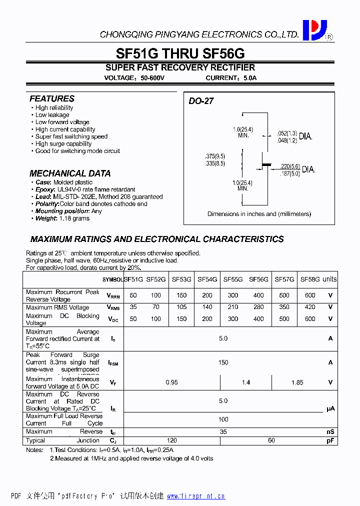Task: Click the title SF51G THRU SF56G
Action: point(180,53)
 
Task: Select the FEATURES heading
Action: point(52,99)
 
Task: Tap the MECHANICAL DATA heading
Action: point(70,173)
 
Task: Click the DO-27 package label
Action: point(201,101)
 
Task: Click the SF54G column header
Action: point(207,279)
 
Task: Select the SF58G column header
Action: point(310,279)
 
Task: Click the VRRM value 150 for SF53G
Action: point(181,295)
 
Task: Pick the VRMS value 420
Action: point(310,307)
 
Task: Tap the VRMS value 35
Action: point(133,307)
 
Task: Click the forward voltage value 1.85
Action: point(297,382)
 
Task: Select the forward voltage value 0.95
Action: point(171,382)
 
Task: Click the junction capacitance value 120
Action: point(171,440)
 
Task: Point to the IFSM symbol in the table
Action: point(113,363)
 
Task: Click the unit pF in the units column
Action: point(330,440)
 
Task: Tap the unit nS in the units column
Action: point(330,431)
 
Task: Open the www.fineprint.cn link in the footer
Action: point(195,496)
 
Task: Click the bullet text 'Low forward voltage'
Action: point(62,122)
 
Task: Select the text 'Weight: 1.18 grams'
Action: point(62,218)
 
